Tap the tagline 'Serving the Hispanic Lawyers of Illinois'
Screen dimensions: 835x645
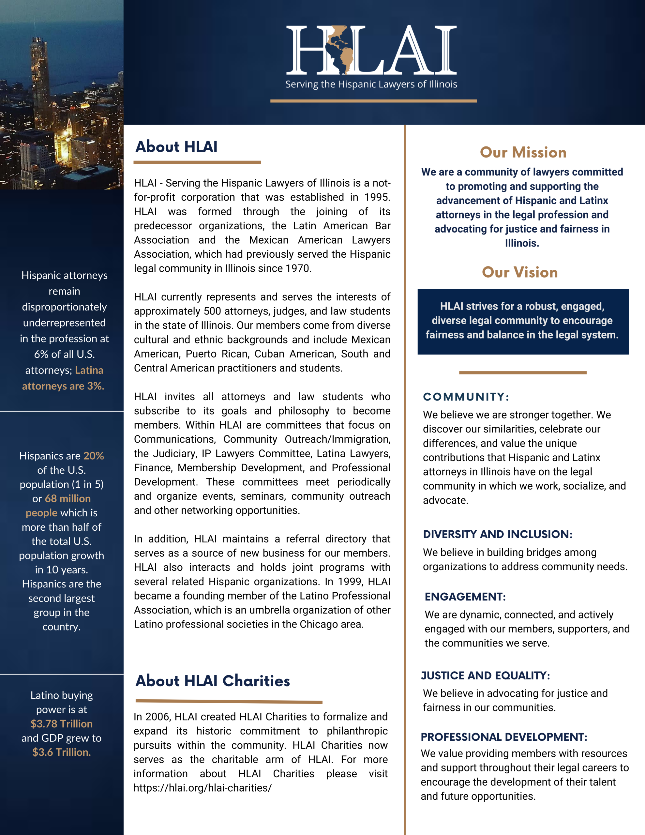click(x=371, y=84)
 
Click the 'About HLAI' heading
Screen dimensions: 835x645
click(x=176, y=147)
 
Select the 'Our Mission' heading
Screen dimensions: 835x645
click(x=523, y=153)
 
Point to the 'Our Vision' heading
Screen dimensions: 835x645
click(x=519, y=272)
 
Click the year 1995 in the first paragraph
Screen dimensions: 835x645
click(x=377, y=197)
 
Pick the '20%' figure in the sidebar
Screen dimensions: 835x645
click(x=94, y=456)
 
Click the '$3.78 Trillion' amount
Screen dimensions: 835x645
click(x=62, y=724)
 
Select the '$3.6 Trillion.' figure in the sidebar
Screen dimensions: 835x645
click(x=62, y=752)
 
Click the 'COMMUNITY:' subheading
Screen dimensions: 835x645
click(x=466, y=397)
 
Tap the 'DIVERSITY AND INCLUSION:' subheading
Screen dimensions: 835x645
click(x=497, y=534)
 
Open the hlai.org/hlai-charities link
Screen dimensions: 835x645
click(x=202, y=788)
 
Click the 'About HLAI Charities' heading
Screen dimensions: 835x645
click(x=213, y=681)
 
